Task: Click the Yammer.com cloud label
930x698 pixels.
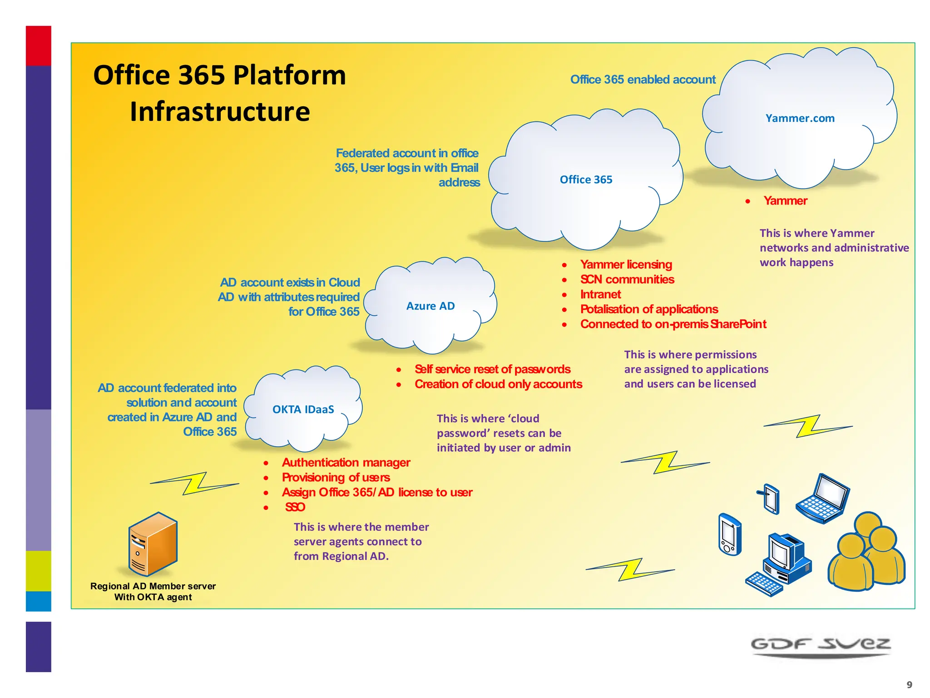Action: click(x=800, y=119)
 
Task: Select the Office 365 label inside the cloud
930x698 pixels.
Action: click(x=586, y=180)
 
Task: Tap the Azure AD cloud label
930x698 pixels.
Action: click(x=430, y=306)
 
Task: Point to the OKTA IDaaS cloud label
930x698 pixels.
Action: click(x=303, y=409)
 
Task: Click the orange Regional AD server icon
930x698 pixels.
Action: click(x=153, y=544)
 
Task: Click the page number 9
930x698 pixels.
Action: click(x=909, y=684)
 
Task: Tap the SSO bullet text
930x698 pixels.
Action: click(x=295, y=507)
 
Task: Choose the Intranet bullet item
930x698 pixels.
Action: click(x=600, y=294)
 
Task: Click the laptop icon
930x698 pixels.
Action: click(x=823, y=499)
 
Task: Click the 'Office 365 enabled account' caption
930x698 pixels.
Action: click(x=643, y=80)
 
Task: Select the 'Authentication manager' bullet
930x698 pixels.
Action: click(x=346, y=463)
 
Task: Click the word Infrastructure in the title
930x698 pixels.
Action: click(x=220, y=112)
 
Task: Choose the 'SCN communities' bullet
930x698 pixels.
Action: click(x=627, y=279)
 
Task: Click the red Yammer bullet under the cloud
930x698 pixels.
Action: click(x=785, y=201)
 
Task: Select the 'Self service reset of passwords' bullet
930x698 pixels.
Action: click(x=492, y=369)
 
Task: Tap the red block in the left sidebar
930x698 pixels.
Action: click(x=38, y=46)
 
